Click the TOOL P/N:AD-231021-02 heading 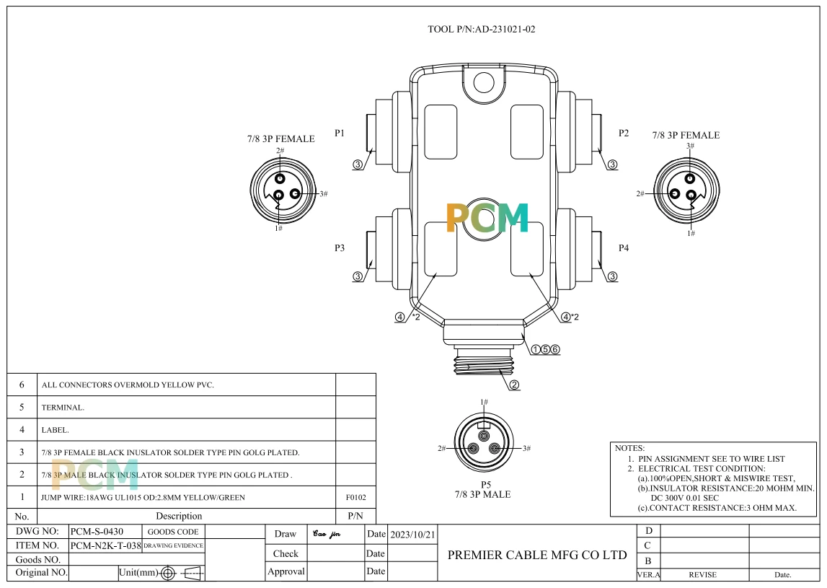[481, 29]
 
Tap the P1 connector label [340, 133]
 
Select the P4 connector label [624, 247]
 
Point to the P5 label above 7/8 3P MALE [486, 485]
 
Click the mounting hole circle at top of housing [484, 82]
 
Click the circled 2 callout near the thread [514, 385]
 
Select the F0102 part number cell [355, 497]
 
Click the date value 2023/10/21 [413, 535]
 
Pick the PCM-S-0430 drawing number [97, 532]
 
